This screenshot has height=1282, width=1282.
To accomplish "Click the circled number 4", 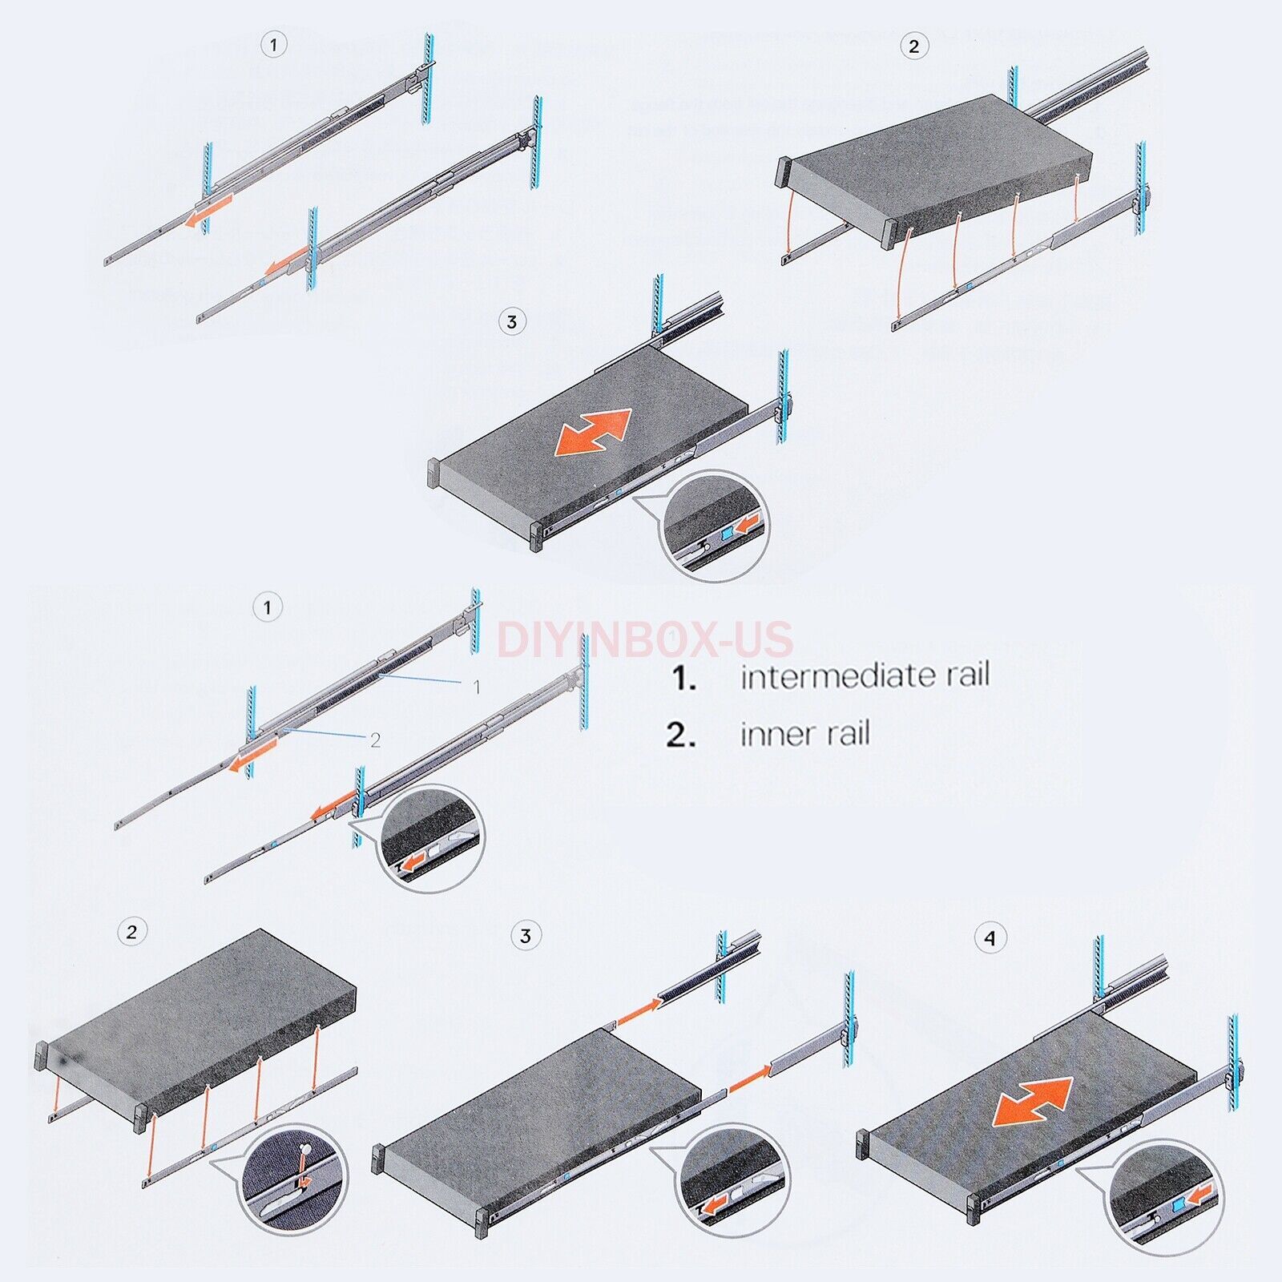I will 990,937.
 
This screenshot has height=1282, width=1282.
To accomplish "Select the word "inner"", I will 772,734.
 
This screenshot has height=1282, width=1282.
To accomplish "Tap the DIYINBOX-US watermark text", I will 645,639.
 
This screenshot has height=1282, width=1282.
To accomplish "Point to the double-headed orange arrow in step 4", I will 1032,1102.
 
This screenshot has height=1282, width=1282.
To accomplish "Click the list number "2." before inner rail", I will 680,735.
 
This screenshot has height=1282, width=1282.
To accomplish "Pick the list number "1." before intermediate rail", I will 683,679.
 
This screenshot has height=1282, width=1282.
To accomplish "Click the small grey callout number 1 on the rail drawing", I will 477,687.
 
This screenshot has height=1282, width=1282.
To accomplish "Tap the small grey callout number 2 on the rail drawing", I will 375,740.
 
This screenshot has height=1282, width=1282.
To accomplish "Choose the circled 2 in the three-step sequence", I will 913,46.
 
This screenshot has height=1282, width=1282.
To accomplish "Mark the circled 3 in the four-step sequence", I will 526,936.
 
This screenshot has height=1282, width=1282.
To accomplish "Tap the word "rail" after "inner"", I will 847,734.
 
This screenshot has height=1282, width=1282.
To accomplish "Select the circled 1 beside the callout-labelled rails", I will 268,607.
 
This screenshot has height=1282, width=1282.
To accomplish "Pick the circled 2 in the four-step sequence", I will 131,932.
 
